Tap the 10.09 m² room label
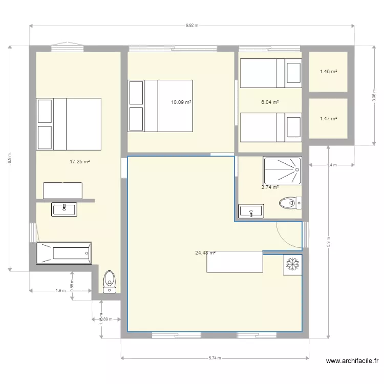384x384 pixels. click(x=181, y=102)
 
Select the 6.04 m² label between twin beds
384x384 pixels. click(x=270, y=102)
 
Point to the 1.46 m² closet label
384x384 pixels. click(x=328, y=72)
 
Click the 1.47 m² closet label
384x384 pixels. click(x=328, y=119)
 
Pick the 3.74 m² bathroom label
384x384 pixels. click(x=270, y=187)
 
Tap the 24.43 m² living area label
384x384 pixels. click(x=205, y=253)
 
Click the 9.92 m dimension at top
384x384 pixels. click(x=191, y=25)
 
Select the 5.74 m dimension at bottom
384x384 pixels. click(x=215, y=358)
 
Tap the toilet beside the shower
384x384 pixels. click(x=290, y=203)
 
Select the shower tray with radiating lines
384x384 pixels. click(x=283, y=170)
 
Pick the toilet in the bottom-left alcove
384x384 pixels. click(x=110, y=282)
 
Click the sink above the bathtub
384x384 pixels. click(x=64, y=208)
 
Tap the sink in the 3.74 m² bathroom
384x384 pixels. click(x=251, y=211)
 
